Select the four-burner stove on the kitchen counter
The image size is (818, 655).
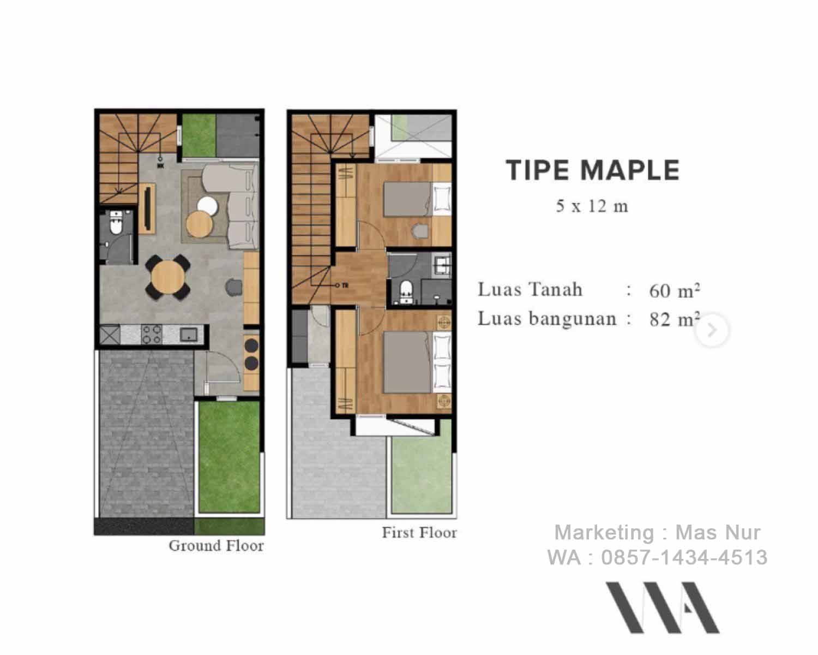[152, 334]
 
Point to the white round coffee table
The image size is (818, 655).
[208, 206]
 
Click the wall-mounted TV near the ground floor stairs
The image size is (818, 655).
[147, 207]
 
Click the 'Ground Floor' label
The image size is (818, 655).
[216, 545]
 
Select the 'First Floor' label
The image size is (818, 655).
[419, 532]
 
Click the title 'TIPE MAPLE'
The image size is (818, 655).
[593, 170]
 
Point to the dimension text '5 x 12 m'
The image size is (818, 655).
[592, 206]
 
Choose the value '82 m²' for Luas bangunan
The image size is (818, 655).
[674, 319]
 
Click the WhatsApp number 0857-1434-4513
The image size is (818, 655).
[684, 557]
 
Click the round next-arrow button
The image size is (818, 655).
[711, 330]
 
